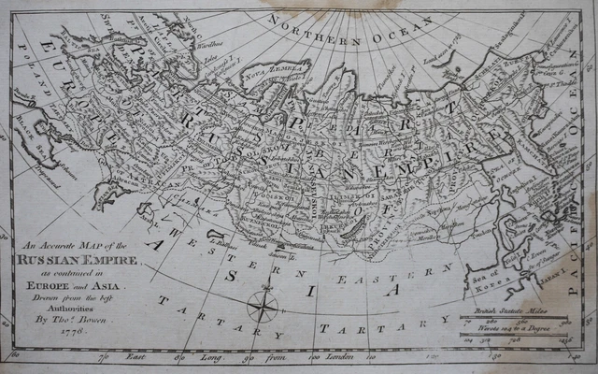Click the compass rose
click(x=262, y=305)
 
